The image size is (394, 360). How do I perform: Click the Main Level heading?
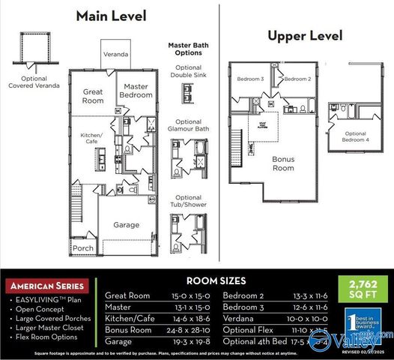pos(112,16)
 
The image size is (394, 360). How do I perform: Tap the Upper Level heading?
pos(305,35)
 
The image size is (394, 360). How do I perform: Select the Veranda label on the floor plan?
pos(115,55)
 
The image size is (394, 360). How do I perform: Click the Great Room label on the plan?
pos(93,95)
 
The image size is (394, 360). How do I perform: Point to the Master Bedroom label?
pos(136,91)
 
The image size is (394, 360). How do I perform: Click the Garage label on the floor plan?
pos(126,224)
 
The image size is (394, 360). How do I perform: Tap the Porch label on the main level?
pos(83,248)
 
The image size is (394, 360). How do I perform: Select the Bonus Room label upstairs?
pos(283,163)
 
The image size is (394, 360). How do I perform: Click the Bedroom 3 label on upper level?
pos(251,79)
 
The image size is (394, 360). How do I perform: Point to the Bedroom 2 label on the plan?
pos(297,79)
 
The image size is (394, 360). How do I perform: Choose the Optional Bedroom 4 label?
pos(356,136)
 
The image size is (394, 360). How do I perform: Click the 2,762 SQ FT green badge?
pos(360,289)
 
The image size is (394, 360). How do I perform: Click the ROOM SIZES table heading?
pos(215,280)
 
